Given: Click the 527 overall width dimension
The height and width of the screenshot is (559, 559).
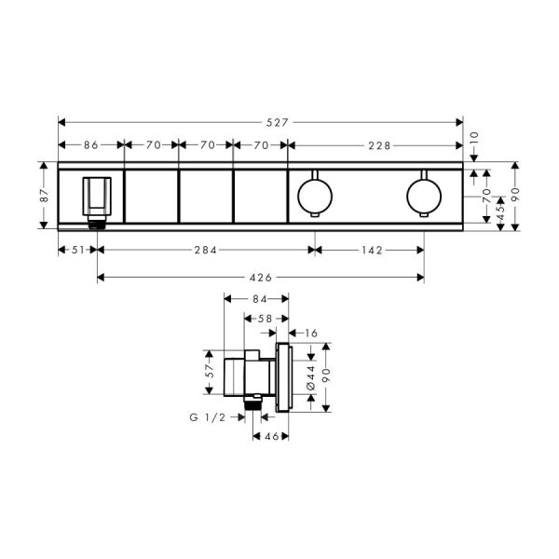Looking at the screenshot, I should tap(261, 121).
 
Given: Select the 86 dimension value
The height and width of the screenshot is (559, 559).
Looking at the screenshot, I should tap(91, 145).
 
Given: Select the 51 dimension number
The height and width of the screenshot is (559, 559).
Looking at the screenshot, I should tap(77, 250).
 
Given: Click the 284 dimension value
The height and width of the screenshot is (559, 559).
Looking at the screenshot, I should tap(205, 250).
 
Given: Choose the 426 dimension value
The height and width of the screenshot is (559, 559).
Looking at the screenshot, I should tap(261, 277).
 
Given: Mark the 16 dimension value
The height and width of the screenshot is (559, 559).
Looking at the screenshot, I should tap(309, 333).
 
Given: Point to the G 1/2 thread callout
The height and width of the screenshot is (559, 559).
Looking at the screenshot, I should tap(207, 418).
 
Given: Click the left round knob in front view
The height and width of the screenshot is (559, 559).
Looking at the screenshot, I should tap(313, 194).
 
